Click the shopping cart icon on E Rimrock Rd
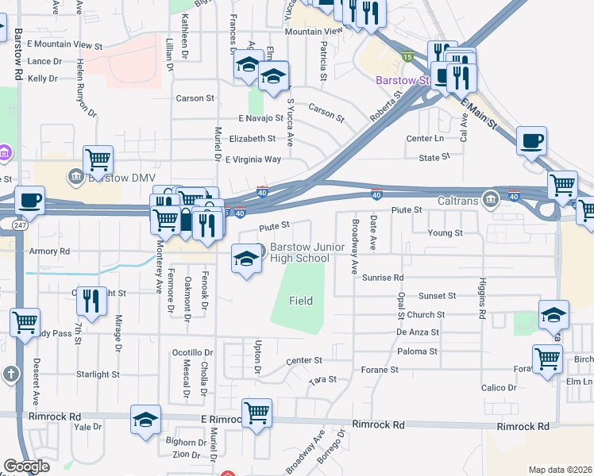pyautogui.click(x=256, y=413)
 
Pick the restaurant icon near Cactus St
pyautogui.click(x=91, y=300)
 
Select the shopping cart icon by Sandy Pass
pyautogui.click(x=25, y=322)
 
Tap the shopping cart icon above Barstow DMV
pyautogui.click(x=98, y=159)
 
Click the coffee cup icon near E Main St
pyautogui.click(x=531, y=141)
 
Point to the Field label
pyautogui.click(x=300, y=301)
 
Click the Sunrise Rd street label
pyautogui.click(x=383, y=278)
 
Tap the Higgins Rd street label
pyautogui.click(x=482, y=297)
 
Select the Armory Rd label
pyautogui.click(x=49, y=251)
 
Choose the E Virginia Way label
pyautogui.click(x=253, y=159)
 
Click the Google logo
pyautogui.click(x=27, y=466)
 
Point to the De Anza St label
pyautogui.click(x=418, y=332)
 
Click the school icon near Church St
pyautogui.click(x=553, y=314)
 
